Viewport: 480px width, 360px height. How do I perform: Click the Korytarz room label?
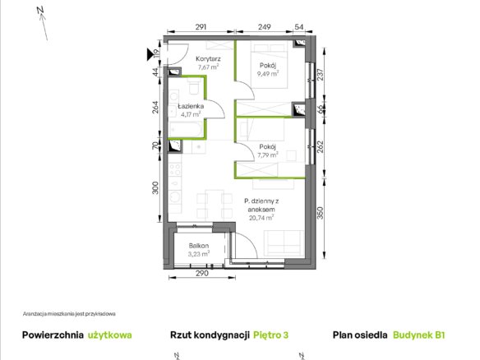point(208,58)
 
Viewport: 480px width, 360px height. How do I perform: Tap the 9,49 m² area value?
point(268,73)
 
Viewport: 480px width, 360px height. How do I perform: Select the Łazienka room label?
point(191,106)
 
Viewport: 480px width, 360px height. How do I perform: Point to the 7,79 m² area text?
point(268,155)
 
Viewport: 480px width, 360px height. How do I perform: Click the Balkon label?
point(199,246)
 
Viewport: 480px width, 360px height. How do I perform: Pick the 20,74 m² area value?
point(261,218)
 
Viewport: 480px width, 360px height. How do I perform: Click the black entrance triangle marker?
point(150,54)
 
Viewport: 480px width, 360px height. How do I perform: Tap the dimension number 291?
point(201,27)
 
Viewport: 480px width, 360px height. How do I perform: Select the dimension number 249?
point(264,27)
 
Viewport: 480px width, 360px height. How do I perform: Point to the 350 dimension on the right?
point(320,213)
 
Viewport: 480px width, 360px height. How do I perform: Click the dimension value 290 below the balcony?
point(202,273)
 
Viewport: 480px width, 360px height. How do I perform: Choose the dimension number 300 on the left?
point(155,187)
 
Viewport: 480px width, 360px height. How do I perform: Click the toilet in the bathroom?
point(194,86)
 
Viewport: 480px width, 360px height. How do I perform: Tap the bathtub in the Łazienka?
point(186,129)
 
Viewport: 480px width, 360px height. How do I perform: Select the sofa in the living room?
point(284,242)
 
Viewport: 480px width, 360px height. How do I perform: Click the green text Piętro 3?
point(271,335)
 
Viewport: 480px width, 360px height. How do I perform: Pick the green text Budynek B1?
point(419,335)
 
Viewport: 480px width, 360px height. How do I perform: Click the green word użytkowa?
point(110,335)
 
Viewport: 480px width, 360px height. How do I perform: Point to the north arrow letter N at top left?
point(40,10)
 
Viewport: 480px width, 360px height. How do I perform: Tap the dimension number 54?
point(299,27)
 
